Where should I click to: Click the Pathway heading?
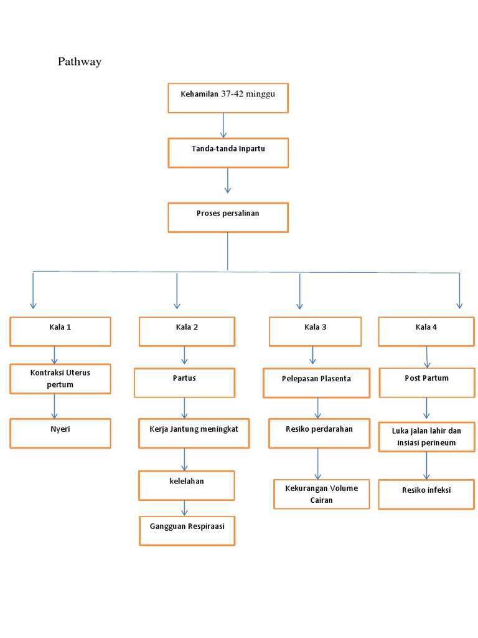79,62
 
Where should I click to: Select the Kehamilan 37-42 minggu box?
228,98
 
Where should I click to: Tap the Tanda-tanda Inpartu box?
228,153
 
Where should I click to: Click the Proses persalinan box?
228,217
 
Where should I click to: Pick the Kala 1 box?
60,331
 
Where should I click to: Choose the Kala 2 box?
187,331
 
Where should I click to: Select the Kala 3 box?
315,331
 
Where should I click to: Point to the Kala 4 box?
426,331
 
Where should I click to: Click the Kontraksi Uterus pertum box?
60,379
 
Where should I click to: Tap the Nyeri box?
60,433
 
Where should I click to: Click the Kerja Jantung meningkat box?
194,433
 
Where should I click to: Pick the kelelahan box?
187,485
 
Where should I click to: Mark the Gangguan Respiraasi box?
187,530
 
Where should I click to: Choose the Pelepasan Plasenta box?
316,383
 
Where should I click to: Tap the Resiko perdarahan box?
319,433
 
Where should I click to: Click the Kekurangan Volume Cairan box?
321,494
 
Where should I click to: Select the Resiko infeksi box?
426,494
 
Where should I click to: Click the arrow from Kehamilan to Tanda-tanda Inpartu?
223,125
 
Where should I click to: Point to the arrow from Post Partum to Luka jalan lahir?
426,408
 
